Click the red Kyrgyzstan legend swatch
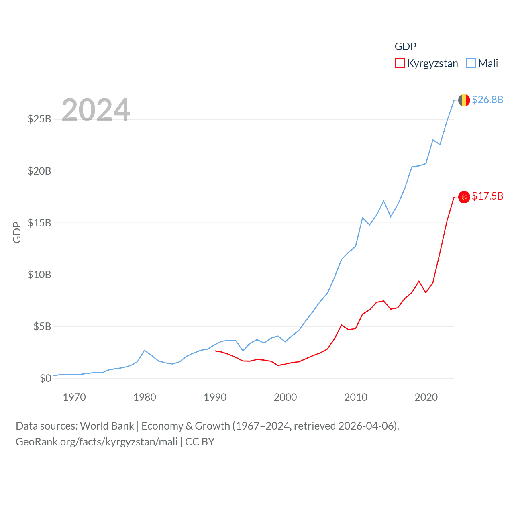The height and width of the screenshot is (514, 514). pos(400,63)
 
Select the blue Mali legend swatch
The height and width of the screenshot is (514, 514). pos(471,63)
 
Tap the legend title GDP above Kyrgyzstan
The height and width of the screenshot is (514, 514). pos(405,47)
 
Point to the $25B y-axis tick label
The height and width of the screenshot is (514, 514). pos(39,119)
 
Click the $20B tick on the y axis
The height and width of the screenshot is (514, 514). pos(39,171)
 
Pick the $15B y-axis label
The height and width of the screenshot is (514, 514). pos(39,223)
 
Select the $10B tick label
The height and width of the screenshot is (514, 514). pos(39,275)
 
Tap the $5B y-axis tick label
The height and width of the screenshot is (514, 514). pos(42,327)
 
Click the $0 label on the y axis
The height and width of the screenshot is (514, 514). pos(45,379)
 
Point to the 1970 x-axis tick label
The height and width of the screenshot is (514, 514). pos(74,398)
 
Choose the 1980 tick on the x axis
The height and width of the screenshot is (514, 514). pos(145,398)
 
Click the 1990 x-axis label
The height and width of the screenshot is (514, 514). pos(215,398)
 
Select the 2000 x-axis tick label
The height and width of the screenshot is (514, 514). pos(286,398)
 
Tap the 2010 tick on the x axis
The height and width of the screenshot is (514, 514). pos(356,398)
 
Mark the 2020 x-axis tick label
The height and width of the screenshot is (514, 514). pos(426,398)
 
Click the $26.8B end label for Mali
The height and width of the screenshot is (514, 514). pos(487,100)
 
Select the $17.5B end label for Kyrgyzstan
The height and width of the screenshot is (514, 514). pos(487,196)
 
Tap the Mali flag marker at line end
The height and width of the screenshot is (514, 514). pos(464,100)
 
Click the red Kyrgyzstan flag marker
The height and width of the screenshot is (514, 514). pos(464,197)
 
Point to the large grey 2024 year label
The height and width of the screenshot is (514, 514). pos(96,110)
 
